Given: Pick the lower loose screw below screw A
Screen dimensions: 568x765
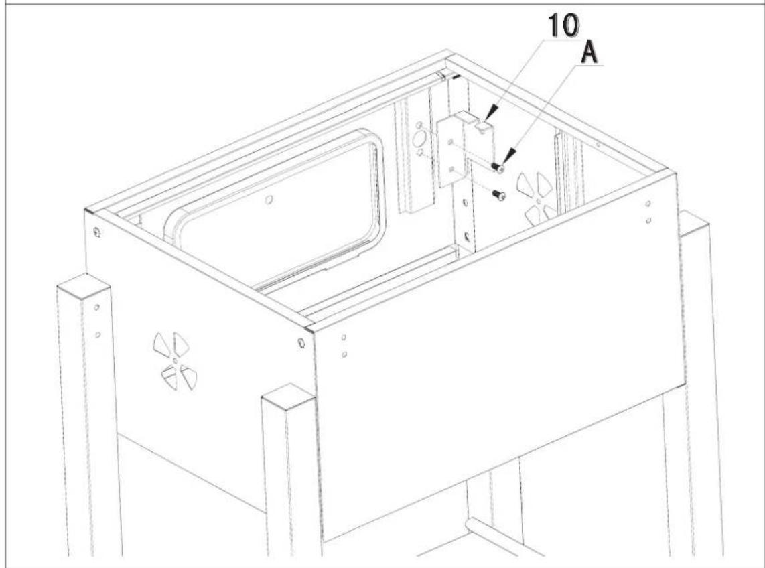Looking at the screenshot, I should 497,194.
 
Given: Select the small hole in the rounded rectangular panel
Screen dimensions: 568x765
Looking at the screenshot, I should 268,200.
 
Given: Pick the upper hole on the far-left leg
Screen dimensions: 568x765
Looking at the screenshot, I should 97,307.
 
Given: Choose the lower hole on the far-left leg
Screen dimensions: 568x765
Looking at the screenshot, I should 97,333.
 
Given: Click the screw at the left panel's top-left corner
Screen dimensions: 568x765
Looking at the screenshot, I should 98,232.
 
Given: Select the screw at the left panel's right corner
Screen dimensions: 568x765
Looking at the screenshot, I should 301,344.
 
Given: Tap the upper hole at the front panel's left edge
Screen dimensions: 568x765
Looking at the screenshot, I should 343,337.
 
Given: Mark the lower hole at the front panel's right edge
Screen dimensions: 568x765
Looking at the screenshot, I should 648,220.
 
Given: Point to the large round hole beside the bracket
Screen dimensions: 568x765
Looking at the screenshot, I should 419,138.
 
